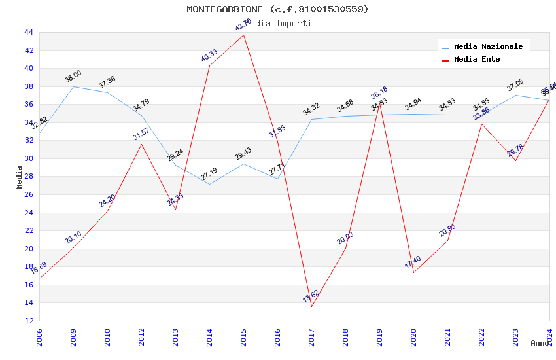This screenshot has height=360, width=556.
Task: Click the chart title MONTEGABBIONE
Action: (x=277, y=9)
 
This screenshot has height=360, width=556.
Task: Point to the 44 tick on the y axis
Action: (x=28, y=32)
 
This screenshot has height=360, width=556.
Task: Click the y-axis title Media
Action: (x=19, y=177)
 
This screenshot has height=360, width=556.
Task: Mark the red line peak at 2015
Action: (x=244, y=35)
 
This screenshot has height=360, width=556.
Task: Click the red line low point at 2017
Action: (x=311, y=306)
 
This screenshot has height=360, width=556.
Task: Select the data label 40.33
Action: (x=209, y=56)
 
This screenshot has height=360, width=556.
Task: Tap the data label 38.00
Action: (x=73, y=77)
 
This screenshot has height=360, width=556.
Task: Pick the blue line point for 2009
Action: (x=73, y=86)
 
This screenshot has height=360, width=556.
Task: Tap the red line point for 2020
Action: (x=413, y=272)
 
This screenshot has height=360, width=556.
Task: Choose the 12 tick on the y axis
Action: (x=28, y=321)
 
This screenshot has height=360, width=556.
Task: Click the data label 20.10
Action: (x=73, y=238)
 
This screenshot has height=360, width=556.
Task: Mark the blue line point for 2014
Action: (x=209, y=184)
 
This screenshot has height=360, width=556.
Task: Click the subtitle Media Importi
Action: (x=277, y=24)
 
